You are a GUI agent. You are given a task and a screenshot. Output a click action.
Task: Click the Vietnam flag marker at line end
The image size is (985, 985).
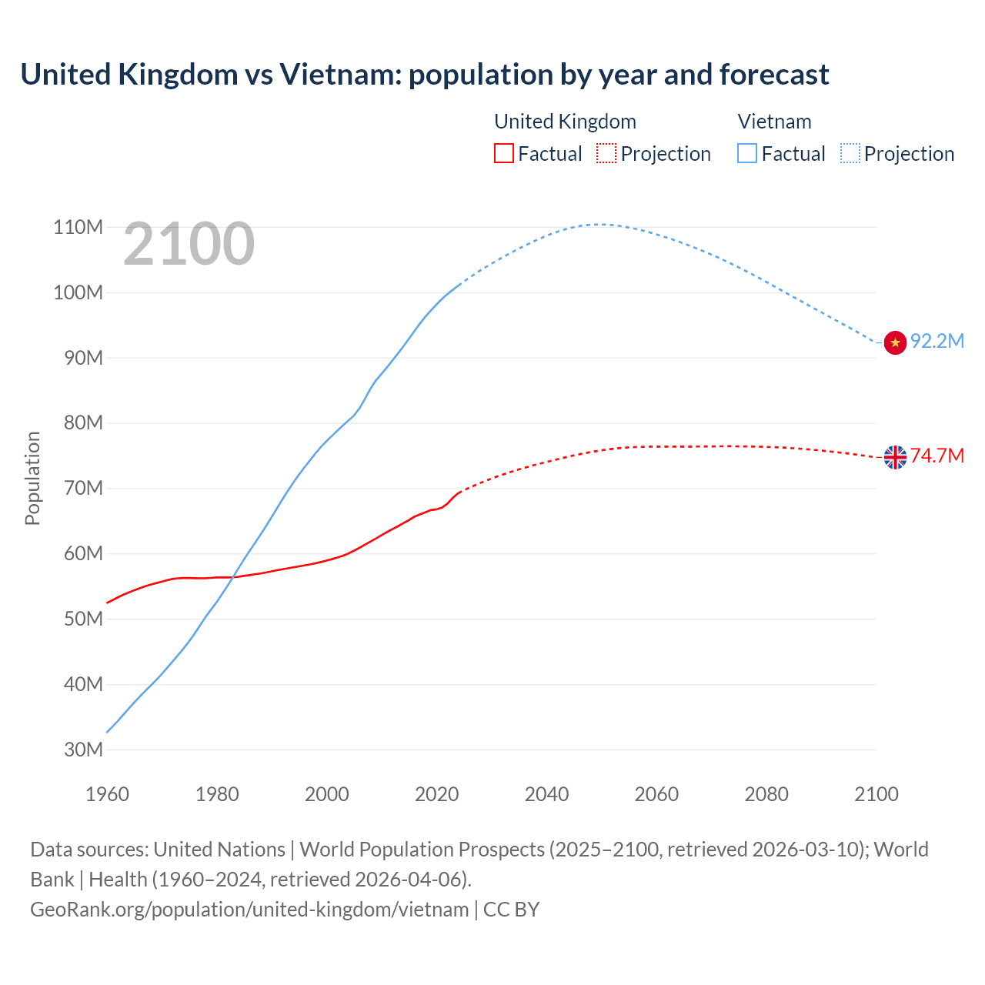pos(895,342)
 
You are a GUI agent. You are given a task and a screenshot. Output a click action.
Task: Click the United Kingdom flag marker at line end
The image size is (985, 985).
pos(895,457)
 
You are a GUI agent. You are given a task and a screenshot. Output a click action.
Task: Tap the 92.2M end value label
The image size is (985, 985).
pos(937,341)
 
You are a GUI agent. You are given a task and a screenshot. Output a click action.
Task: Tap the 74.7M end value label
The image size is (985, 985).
pos(937,456)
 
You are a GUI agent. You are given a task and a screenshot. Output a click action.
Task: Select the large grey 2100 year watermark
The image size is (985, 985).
pos(189,244)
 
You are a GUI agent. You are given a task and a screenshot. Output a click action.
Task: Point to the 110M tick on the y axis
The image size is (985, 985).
pos(78,227)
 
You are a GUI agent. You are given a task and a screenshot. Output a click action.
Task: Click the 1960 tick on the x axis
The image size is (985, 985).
pos(107,794)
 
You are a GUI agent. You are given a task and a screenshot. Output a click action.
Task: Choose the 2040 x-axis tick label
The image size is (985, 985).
pos(546,794)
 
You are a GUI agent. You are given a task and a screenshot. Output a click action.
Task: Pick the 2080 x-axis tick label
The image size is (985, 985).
pos(766,794)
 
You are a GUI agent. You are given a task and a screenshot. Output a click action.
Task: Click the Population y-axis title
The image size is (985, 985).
pos(32,478)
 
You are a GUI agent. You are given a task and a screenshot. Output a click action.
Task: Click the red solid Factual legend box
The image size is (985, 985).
pos(504,154)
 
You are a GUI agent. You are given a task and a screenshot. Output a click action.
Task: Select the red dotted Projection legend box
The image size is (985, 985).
pos(606,154)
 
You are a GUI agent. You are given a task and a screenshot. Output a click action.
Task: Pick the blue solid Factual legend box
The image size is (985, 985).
pos(747,154)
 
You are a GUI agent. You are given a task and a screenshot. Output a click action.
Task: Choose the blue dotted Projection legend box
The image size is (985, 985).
pos(850,154)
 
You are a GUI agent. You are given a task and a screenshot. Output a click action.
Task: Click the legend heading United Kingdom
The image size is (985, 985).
pos(565,122)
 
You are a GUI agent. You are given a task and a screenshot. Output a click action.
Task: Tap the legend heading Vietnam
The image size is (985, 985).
pos(774,122)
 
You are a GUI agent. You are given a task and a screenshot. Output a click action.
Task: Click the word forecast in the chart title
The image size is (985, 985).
pos(774,75)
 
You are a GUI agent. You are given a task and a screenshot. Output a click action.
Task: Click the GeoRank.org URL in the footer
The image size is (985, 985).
pos(249,910)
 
